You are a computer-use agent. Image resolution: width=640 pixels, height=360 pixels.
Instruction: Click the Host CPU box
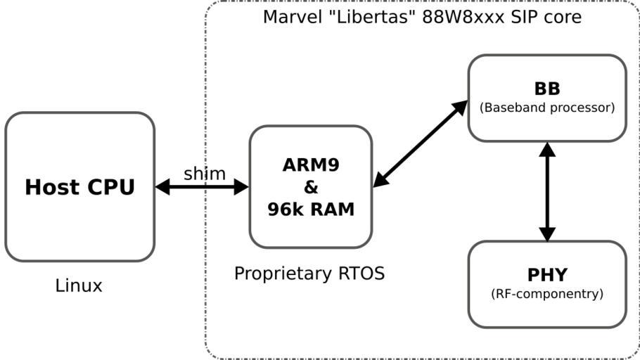79,187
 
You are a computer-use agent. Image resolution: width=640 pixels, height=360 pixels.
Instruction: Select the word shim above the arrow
205,174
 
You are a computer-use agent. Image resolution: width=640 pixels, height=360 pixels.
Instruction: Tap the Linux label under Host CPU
79,286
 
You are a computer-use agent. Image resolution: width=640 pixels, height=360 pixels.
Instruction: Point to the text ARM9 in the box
310,165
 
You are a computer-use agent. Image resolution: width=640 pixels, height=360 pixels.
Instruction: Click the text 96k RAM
310,209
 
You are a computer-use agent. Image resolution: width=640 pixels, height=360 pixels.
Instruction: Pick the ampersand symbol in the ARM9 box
310,187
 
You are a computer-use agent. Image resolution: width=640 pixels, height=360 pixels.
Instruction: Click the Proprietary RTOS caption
309,274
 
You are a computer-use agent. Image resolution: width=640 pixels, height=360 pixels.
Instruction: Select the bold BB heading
546,89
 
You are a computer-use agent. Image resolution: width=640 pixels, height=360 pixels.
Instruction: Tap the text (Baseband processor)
546,108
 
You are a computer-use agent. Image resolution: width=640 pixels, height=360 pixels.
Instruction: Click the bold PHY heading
546,275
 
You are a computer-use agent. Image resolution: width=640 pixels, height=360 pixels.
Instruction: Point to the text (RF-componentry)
546,294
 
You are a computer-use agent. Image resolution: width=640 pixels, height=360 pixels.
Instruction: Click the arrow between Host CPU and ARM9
202,187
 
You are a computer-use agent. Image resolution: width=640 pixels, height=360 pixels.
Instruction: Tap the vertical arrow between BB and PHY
547,192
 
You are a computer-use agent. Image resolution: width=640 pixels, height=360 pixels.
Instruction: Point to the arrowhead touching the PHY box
547,234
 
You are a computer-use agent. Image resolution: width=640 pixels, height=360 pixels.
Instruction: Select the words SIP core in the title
543,17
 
